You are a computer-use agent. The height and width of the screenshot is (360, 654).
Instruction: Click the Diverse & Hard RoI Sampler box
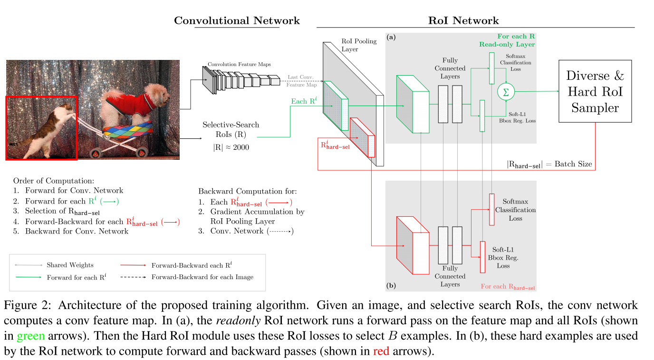pyautogui.click(x=595, y=91)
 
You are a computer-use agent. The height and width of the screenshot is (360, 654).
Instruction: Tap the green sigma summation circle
pyautogui.click(x=506, y=92)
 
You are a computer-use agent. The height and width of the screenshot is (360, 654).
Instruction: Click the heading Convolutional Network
pyautogui.click(x=237, y=20)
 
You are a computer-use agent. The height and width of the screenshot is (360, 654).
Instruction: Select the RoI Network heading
pyautogui.click(x=463, y=20)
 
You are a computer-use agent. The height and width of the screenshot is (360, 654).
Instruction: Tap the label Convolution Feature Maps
pyautogui.click(x=239, y=64)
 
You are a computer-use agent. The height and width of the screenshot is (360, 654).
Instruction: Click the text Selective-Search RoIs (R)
pyautogui.click(x=231, y=129)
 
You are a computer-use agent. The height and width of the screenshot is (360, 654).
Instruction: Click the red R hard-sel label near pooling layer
pyautogui.click(x=335, y=143)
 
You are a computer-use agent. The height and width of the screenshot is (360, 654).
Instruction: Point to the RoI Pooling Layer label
pyautogui.click(x=359, y=45)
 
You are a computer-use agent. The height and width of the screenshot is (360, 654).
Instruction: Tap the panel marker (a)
pyautogui.click(x=392, y=37)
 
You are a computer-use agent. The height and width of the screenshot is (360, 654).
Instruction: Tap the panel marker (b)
pyautogui.click(x=392, y=286)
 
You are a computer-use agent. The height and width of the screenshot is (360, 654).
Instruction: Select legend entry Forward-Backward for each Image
pyautogui.click(x=202, y=277)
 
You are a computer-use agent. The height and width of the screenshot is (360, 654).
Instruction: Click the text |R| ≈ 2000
pyautogui.click(x=231, y=147)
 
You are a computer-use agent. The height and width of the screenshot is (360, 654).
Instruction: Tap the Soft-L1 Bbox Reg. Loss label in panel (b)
pyautogui.click(x=503, y=258)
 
